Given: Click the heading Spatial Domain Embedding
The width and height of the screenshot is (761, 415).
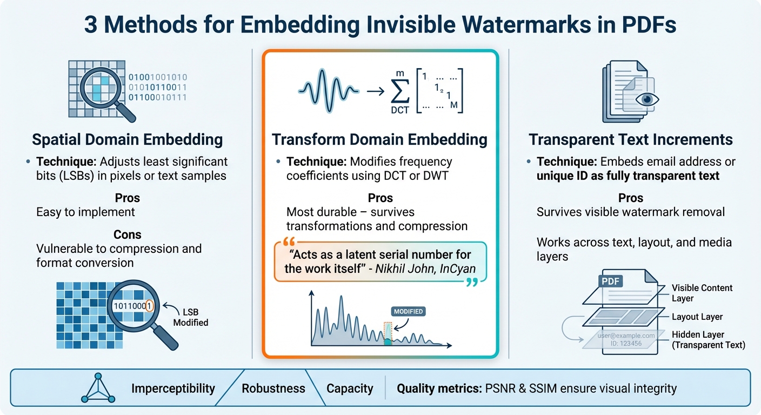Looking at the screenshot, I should click(x=128, y=140).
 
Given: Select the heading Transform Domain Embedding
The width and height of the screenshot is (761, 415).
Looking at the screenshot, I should click(x=379, y=140).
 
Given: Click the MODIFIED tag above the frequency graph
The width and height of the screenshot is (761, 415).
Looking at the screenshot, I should click(x=408, y=312).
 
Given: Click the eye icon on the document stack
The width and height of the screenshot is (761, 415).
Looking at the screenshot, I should click(x=644, y=99).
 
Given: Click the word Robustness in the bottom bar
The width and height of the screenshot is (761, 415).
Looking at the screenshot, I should click(x=273, y=389).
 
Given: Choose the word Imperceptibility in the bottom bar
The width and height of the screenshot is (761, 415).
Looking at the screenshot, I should click(x=173, y=389).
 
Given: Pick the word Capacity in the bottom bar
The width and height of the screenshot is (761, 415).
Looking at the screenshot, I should click(x=350, y=389).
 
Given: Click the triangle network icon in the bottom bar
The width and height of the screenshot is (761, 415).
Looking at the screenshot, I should click(x=98, y=389).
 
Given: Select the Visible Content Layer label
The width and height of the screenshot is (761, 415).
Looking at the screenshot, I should click(x=702, y=293).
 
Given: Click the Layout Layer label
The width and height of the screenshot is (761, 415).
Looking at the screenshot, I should click(x=697, y=317).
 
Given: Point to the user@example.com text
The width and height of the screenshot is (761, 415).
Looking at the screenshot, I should click(x=626, y=336).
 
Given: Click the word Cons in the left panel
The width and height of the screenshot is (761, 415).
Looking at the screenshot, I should click(x=128, y=235).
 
